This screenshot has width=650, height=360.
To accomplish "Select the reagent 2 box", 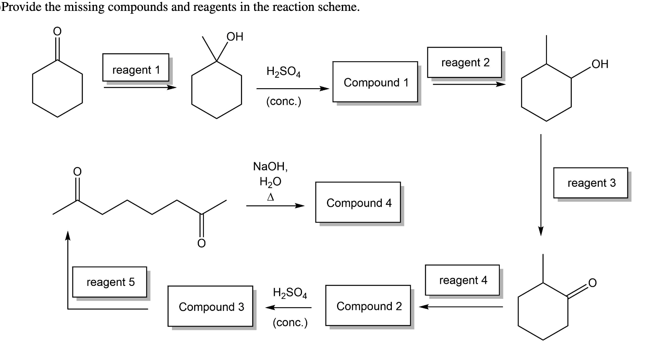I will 464,62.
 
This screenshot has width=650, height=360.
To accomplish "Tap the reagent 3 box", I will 590,182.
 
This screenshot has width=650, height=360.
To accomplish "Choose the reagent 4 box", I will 462,280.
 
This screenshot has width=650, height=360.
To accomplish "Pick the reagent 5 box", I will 110,281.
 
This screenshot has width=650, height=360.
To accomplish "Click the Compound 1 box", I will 375,82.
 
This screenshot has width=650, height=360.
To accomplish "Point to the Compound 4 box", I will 358,202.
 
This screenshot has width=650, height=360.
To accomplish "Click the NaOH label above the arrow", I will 270,166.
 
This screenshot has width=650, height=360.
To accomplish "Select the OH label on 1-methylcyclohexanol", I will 235,37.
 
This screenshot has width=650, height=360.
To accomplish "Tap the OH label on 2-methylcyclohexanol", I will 600,64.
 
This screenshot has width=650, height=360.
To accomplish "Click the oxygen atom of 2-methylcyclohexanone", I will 592,283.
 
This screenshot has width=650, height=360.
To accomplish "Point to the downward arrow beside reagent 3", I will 541,185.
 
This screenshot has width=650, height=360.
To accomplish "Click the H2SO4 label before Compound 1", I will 283,72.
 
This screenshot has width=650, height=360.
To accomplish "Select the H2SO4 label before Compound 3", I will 290,293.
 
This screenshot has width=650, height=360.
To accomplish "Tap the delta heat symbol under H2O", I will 271,197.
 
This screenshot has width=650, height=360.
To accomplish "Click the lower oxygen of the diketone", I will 201,243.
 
